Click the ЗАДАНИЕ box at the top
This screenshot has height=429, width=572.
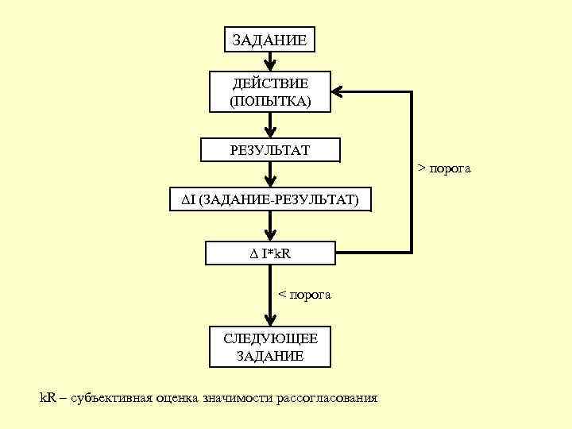coord(270,39)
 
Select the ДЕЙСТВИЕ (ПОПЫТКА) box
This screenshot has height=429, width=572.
coord(270,92)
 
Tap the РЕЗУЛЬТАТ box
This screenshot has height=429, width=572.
coord(270,149)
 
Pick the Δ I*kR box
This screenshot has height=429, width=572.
coord(270,253)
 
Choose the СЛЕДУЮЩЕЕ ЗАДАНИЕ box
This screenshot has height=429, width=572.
coord(270,347)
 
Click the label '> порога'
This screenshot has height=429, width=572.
coord(445,168)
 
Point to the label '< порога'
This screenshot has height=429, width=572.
coord(304,295)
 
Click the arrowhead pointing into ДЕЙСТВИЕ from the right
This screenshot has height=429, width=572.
coord(339,92)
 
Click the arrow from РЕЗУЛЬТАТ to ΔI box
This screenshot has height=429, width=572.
coord(270,174)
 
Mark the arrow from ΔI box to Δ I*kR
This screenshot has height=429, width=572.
coord(270,226)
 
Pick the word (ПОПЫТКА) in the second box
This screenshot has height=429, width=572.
coord(270,102)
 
